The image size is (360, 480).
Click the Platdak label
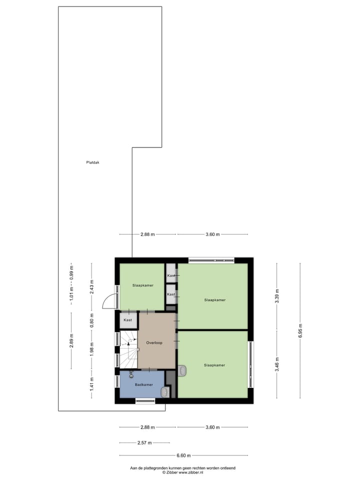(x=92, y=162)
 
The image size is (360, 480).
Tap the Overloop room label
(x=154, y=343)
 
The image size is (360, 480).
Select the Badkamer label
(x=143, y=384)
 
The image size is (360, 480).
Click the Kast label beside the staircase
(x=127, y=320)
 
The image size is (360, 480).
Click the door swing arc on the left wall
(x=108, y=301)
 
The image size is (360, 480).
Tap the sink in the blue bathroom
(x=164, y=392)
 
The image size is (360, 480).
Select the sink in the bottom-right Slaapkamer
(x=182, y=370)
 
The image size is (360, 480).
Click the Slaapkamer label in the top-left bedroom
(x=142, y=285)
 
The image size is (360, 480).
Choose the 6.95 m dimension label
(x=300, y=330)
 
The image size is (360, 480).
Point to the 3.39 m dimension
(x=277, y=296)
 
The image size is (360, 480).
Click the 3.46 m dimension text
(x=277, y=364)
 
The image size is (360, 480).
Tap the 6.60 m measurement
(x=183, y=455)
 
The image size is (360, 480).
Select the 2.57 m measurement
(x=144, y=442)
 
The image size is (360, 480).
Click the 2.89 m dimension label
(x=71, y=341)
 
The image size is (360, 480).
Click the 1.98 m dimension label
(x=91, y=347)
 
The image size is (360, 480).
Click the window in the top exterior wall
(x=211, y=259)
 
